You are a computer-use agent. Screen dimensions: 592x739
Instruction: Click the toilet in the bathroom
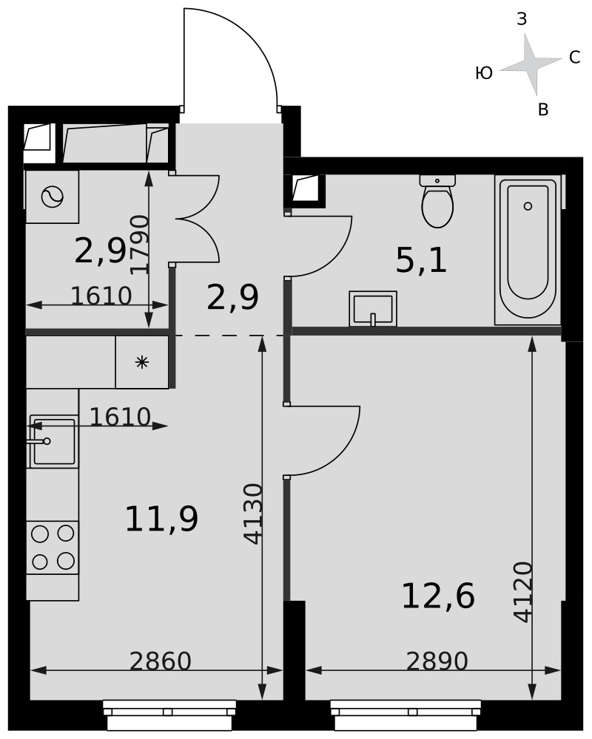coord(437,201)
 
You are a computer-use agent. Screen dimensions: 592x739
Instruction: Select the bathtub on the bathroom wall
coord(528,251)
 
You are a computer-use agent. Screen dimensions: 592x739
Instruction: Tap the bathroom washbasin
coord(373,309)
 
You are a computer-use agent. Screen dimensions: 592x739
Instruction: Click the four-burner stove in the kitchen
coord(53,548)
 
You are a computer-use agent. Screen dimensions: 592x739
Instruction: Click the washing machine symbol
coord(53,197)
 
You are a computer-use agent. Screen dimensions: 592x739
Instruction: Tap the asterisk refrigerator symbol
coord(142,362)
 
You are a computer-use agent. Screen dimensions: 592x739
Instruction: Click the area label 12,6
coord(438,596)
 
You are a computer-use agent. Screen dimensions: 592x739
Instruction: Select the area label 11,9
coord(161,519)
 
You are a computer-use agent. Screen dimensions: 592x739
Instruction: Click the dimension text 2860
coord(161,661)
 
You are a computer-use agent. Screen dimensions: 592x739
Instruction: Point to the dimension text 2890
coord(437,661)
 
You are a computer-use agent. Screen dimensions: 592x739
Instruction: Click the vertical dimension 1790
coord(140,244)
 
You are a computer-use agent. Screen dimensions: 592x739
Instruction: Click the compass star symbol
coord(531,64)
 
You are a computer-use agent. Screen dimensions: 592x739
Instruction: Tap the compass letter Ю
coord(484,73)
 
